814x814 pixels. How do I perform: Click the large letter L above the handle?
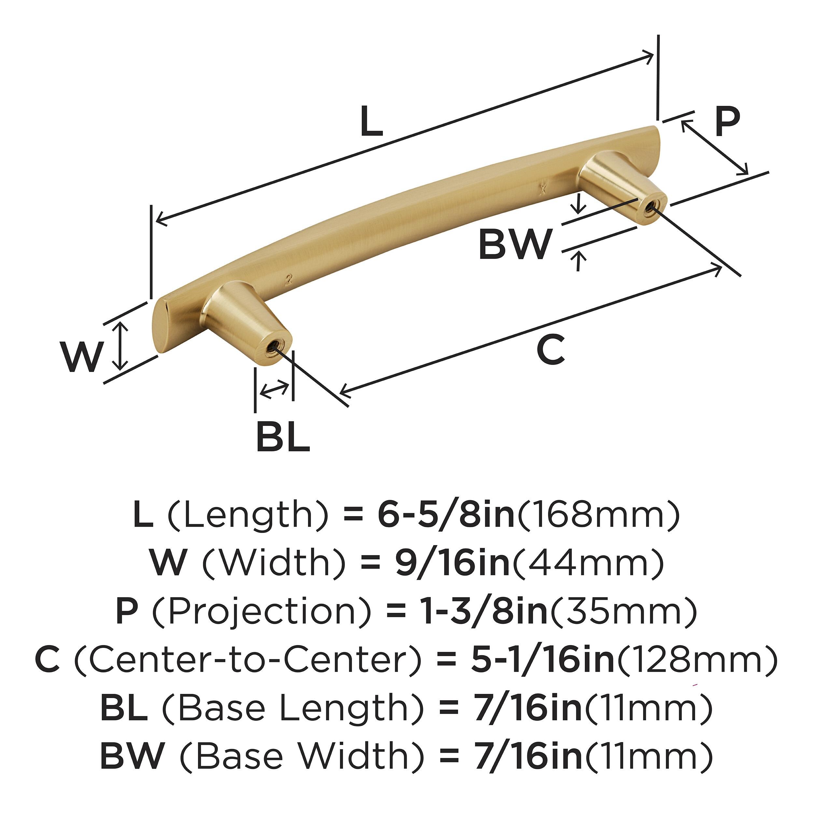pos(372,121)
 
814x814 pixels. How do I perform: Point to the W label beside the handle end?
pos(82,357)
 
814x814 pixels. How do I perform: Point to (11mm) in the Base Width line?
pos(649,757)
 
